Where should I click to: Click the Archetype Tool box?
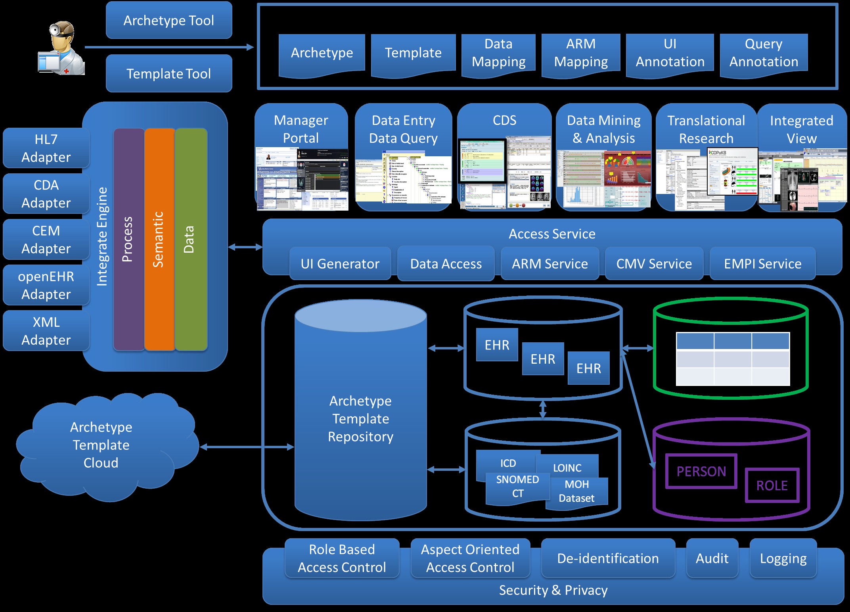[x=169, y=20]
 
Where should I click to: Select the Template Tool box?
[x=169, y=73]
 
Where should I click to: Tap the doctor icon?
[x=62, y=48]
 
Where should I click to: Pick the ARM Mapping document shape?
[x=581, y=54]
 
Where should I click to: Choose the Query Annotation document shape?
[x=764, y=54]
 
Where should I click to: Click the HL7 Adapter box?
[x=46, y=148]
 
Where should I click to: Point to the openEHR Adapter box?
[x=46, y=285]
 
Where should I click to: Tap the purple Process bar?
[x=128, y=239]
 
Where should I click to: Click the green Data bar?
[x=191, y=239]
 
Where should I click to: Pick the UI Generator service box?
[x=340, y=264]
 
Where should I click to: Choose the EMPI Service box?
[x=762, y=264]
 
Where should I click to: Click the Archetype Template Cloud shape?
[x=101, y=445]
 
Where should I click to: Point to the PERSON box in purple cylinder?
[x=701, y=471]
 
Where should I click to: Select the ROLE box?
[x=772, y=485]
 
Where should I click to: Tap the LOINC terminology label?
[x=567, y=467]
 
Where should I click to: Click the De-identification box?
[x=608, y=558]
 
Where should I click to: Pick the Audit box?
[x=712, y=558]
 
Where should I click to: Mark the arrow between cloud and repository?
[x=247, y=447]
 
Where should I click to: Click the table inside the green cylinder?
[x=733, y=359]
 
